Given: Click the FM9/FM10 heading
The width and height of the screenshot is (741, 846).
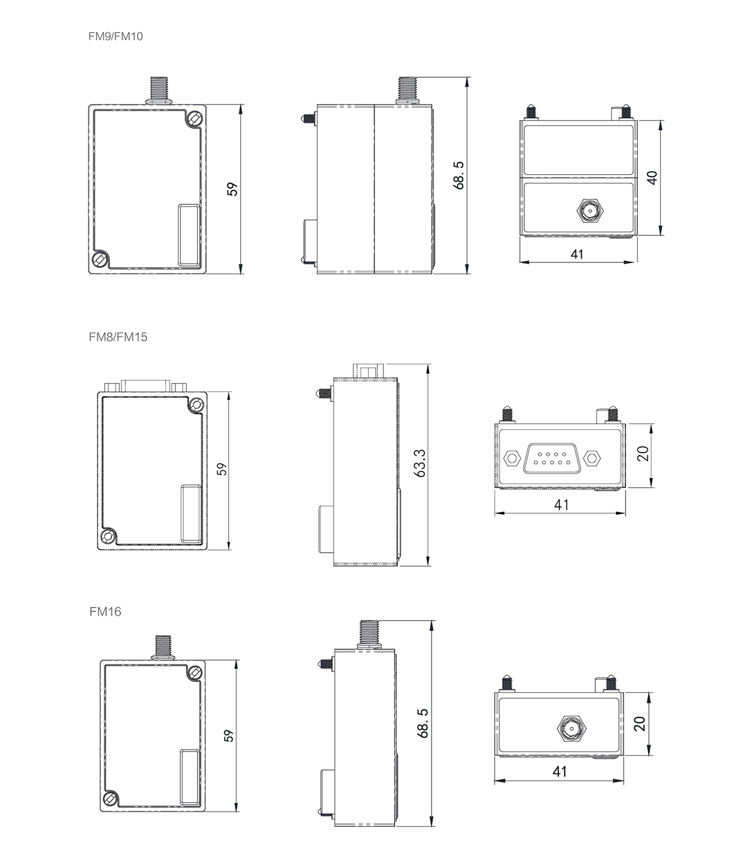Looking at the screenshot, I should pyautogui.click(x=115, y=36).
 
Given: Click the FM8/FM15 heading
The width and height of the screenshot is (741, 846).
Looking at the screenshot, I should pyautogui.click(x=118, y=337).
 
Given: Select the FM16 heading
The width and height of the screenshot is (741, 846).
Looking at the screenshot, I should pyautogui.click(x=105, y=612).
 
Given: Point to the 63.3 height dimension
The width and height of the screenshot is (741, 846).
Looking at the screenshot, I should pyautogui.click(x=421, y=463).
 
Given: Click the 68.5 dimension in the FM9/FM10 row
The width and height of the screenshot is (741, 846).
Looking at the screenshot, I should pyautogui.click(x=458, y=175).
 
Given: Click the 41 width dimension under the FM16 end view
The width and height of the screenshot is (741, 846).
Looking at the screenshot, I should pyautogui.click(x=559, y=771).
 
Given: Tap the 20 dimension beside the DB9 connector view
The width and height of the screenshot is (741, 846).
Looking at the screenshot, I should pyautogui.click(x=642, y=454).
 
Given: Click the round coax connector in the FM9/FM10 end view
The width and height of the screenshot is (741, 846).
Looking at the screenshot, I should pyautogui.click(x=588, y=211).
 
